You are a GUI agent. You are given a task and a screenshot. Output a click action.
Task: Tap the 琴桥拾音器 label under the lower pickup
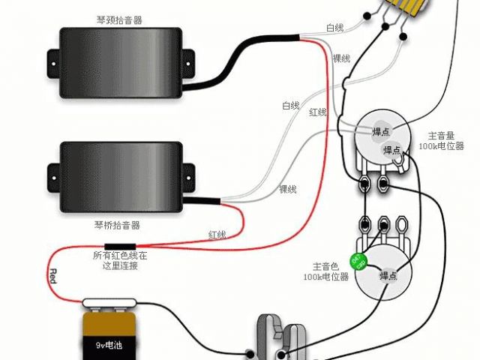(x=118, y=225)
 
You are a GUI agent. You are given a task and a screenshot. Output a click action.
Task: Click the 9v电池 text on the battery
(x=110, y=346)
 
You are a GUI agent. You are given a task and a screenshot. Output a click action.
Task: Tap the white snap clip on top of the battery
(x=110, y=303)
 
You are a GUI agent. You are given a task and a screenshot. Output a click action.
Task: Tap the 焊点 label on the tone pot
(x=388, y=276)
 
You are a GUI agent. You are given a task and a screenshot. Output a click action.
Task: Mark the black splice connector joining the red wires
(x=120, y=245)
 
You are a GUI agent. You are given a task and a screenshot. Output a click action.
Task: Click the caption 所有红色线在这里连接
(x=120, y=261)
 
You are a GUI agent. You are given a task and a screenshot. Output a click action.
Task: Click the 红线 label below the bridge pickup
(x=217, y=235)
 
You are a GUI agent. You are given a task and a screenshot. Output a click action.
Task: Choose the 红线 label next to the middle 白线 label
(x=318, y=112)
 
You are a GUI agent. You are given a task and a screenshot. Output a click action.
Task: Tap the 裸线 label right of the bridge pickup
(x=287, y=188)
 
